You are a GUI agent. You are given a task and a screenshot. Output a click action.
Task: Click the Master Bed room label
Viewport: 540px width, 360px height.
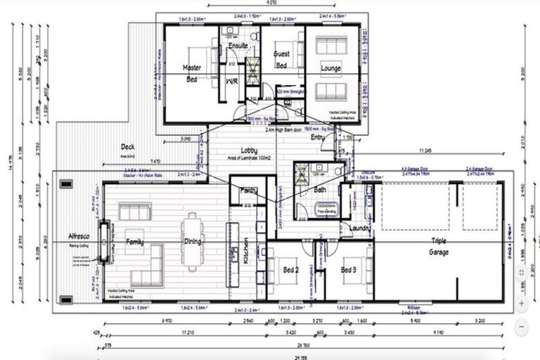[x=192, y=72]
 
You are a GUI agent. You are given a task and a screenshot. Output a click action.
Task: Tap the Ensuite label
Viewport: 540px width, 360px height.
[x=238, y=46]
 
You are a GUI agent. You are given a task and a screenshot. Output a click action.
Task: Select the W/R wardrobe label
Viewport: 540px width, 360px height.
[x=231, y=81]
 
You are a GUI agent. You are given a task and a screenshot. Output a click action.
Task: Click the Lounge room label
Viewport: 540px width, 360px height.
[x=330, y=68]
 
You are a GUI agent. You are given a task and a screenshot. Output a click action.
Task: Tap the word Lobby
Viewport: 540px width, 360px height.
[x=249, y=150]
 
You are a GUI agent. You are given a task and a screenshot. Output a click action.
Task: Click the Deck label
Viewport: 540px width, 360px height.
[x=127, y=146]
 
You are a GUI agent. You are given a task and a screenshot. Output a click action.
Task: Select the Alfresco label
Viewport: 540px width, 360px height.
[x=75, y=237]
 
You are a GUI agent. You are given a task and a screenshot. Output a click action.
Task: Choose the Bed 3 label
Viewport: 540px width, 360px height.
[x=349, y=269]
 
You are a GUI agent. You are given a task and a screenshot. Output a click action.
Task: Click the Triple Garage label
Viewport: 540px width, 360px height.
[x=439, y=245]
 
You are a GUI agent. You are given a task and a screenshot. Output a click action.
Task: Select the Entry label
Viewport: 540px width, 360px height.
[x=318, y=138]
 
